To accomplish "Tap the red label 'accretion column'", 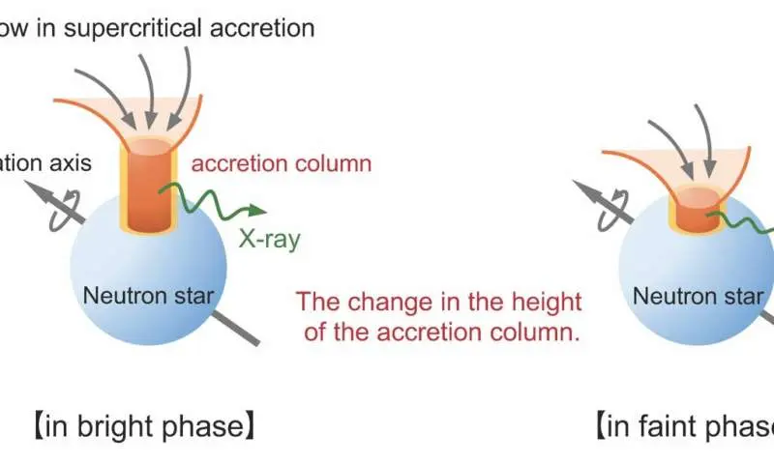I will [x=282, y=163].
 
